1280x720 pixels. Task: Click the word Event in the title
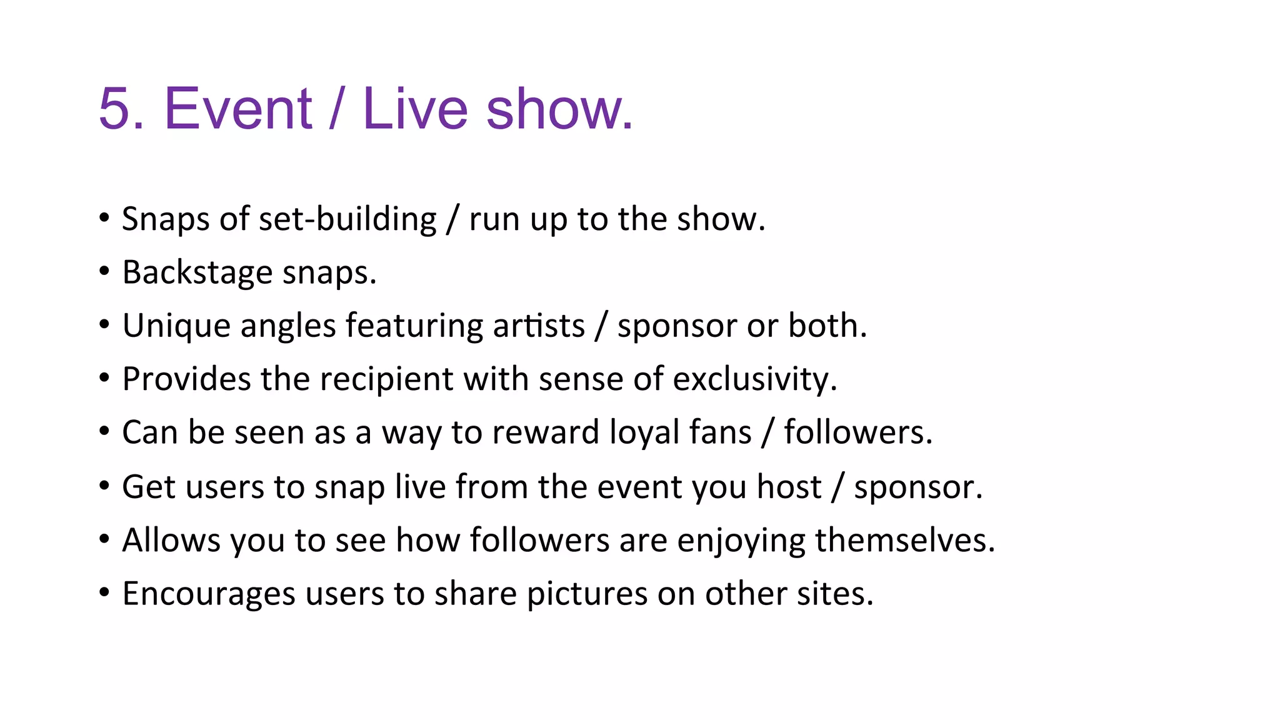coord(237,109)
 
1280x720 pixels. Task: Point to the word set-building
coord(347,219)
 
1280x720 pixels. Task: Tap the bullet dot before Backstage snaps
coord(104,271)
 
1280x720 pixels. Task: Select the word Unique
coord(176,326)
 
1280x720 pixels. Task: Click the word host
coord(789,487)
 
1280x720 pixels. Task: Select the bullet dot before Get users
coord(104,486)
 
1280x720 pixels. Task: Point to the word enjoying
coord(741,541)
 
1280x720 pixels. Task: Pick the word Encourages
coord(209,594)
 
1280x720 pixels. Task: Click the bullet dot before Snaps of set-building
coord(104,218)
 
